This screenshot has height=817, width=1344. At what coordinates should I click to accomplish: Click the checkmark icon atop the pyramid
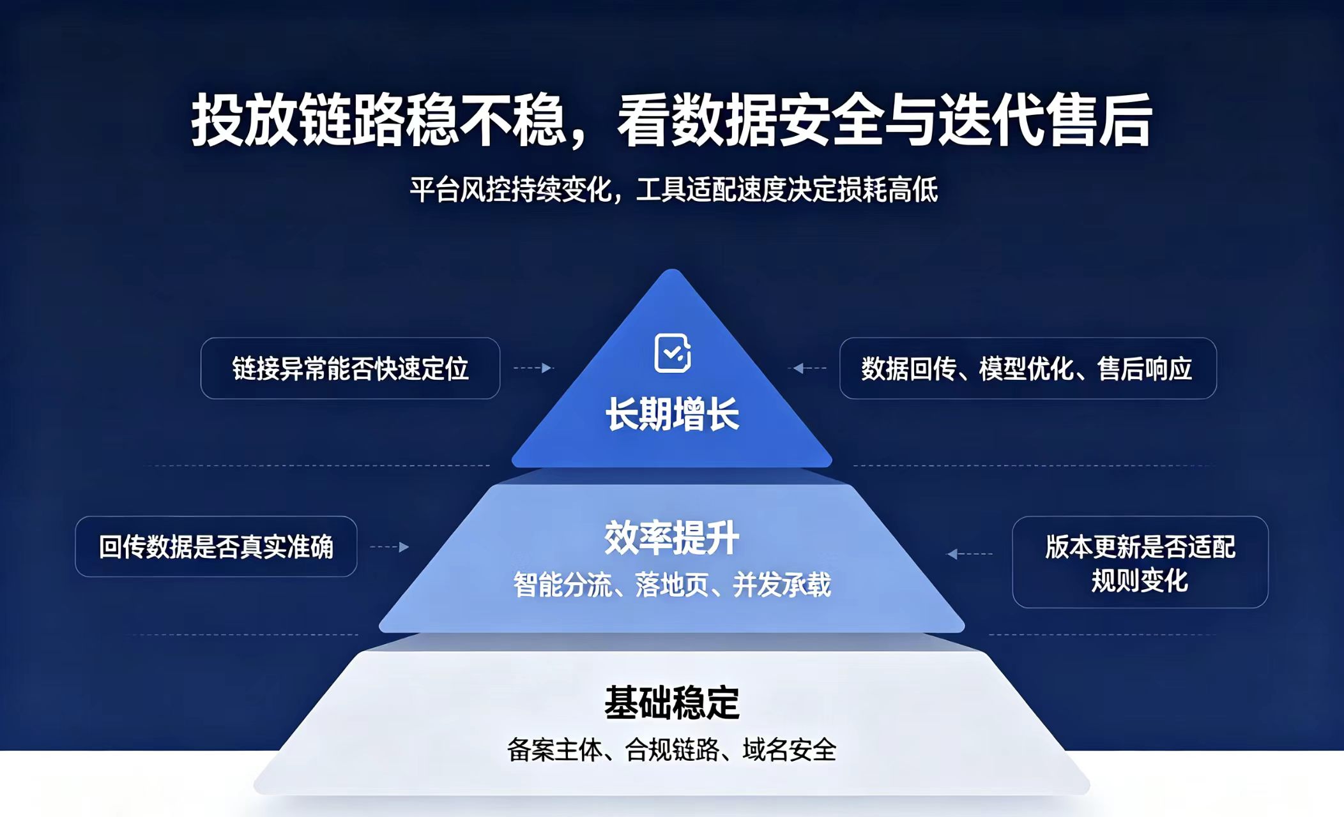coord(673,352)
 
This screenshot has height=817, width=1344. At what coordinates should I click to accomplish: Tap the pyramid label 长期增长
coord(672,414)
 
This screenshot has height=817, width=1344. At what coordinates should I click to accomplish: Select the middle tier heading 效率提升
coord(672,537)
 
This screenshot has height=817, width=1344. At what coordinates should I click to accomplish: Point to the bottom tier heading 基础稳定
coord(672,703)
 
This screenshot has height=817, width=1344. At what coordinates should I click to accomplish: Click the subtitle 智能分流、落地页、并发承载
coord(672,585)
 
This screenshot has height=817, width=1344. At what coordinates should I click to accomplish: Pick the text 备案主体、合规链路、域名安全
coord(672,749)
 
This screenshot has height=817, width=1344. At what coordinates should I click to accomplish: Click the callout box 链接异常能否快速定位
coord(350,368)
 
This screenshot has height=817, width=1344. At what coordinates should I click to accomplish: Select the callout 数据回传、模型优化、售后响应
coord(1028,368)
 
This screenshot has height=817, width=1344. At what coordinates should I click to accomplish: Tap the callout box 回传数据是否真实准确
coord(216,546)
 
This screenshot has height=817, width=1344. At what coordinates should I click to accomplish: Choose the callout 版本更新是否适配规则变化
coord(1140,562)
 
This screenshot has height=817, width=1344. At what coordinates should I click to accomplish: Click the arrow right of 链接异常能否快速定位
coord(533,368)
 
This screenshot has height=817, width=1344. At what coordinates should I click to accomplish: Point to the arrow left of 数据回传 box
coord(809,368)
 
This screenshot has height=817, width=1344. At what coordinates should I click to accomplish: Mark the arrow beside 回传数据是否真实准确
coord(390,546)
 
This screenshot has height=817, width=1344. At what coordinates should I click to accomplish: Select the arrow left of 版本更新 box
coord(970,553)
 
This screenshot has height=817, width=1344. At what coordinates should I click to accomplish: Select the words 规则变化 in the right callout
coord(1140,580)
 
